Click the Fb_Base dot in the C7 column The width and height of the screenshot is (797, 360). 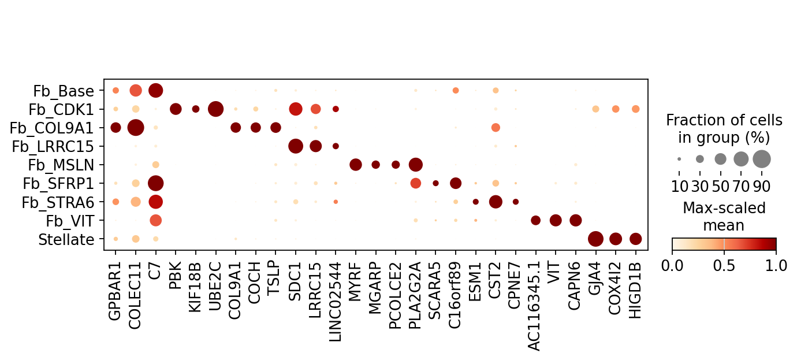pyautogui.click(x=155, y=91)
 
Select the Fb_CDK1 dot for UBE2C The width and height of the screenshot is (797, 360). pyautogui.click(x=215, y=109)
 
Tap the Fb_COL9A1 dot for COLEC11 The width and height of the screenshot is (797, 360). pyautogui.click(x=136, y=128)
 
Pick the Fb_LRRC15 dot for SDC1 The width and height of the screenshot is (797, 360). pyautogui.click(x=296, y=146)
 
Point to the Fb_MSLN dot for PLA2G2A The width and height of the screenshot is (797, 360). pyautogui.click(x=416, y=165)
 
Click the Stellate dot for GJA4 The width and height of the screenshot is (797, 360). pyautogui.click(x=595, y=239)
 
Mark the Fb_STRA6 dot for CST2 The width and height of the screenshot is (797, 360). pyautogui.click(x=496, y=202)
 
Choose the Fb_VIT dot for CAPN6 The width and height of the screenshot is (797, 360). pyautogui.click(x=576, y=220)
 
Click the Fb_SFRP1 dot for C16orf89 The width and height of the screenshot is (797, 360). pyautogui.click(x=456, y=183)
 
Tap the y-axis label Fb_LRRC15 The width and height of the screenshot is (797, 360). pyautogui.click(x=53, y=147)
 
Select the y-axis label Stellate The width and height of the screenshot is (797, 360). pyautogui.click(x=66, y=240)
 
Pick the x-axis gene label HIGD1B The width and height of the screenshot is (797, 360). pyautogui.click(x=635, y=290)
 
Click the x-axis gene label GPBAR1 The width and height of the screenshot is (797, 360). pyautogui.click(x=114, y=291)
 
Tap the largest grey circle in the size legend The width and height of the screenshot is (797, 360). pyautogui.click(x=762, y=159)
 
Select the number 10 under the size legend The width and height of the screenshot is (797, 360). pyautogui.click(x=679, y=186)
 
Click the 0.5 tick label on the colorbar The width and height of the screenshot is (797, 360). pyautogui.click(x=724, y=266)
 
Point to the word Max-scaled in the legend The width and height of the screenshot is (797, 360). pyautogui.click(x=724, y=208)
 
